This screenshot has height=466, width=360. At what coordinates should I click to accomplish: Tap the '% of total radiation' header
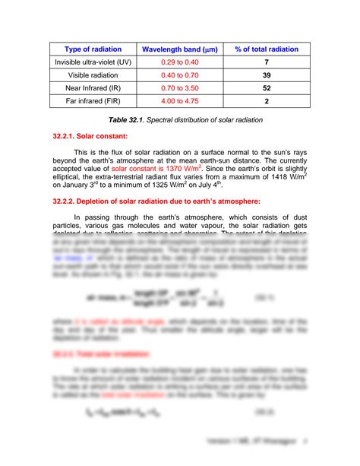click(x=266, y=49)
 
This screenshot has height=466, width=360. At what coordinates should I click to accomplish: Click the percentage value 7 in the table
click(x=266, y=62)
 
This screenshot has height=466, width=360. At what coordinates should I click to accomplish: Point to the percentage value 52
click(x=266, y=87)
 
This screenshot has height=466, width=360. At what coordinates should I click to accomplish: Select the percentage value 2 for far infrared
click(x=266, y=100)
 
